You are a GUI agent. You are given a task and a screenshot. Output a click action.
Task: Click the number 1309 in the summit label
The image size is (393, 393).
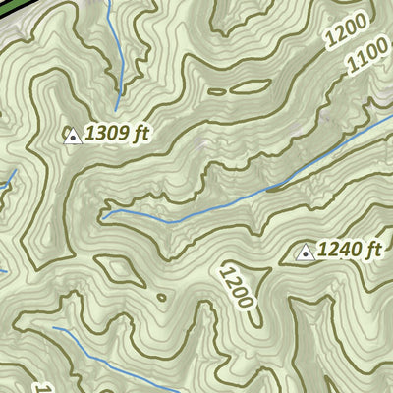pos(106,133)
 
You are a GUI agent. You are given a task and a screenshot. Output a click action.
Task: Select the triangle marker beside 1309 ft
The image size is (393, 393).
pos(72,135)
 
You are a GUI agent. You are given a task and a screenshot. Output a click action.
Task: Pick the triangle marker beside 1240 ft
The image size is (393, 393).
pos(305,253)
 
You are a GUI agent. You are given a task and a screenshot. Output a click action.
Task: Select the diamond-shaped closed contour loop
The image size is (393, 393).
pos(116,267)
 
